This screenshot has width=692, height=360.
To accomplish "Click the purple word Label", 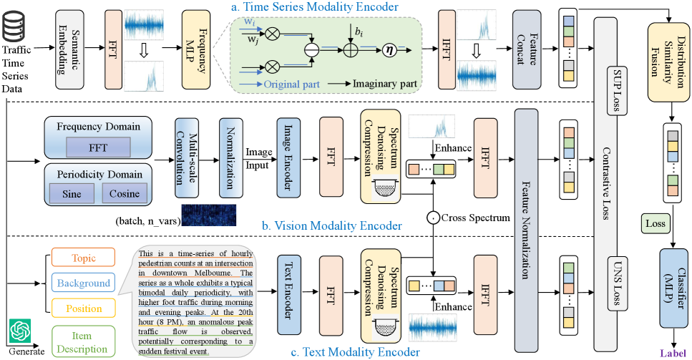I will [671, 351].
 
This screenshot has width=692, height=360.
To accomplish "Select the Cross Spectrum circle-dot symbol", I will [432, 217].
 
